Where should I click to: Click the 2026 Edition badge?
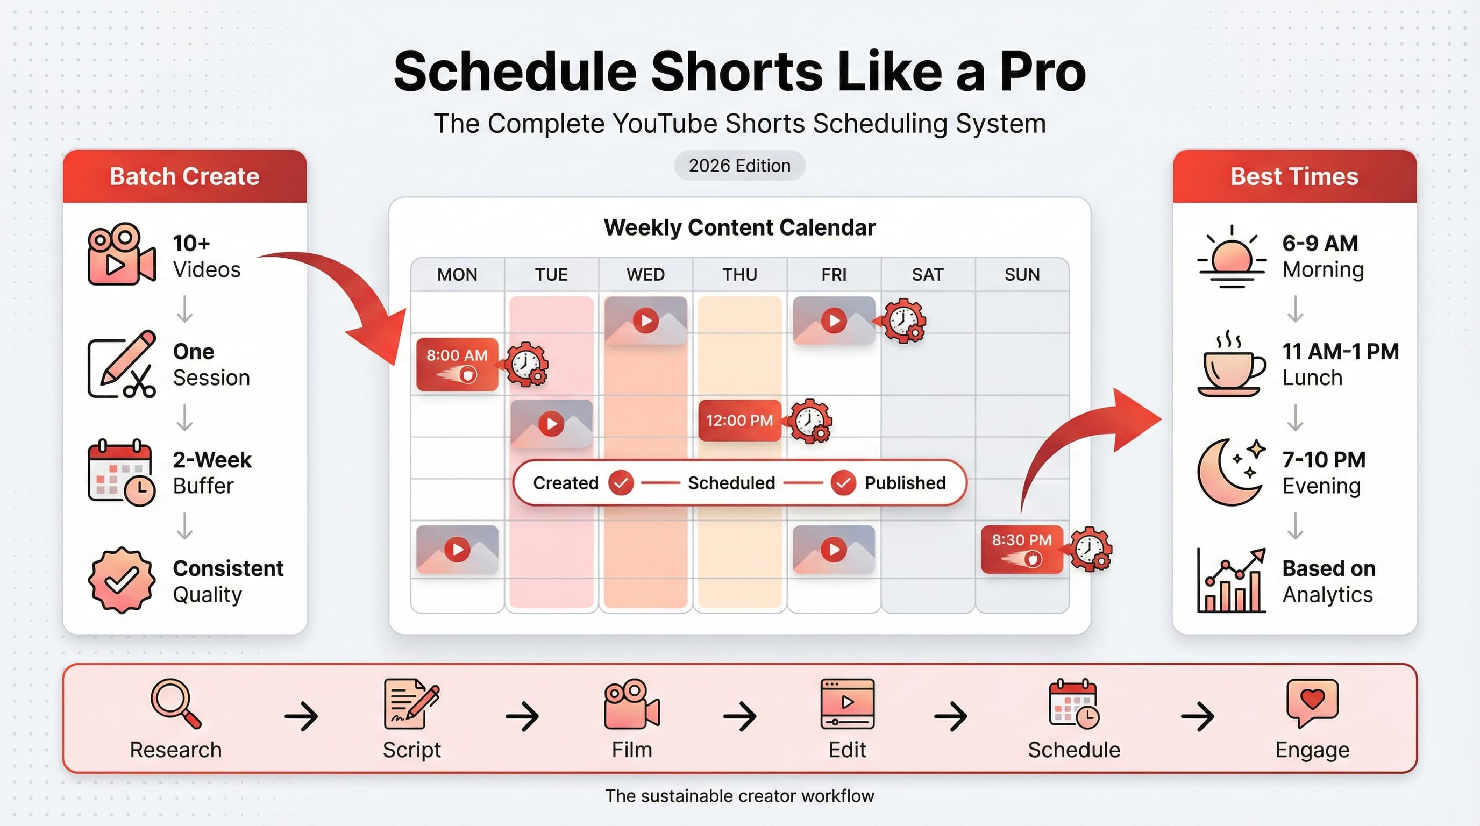click(x=739, y=166)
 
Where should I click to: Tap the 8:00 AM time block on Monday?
click(x=457, y=364)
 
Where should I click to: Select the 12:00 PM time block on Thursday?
click(x=739, y=421)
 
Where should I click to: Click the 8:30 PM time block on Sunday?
click(x=1021, y=549)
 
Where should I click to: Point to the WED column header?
click(x=645, y=275)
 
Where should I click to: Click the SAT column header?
click(x=927, y=275)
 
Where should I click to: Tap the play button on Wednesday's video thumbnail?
click(x=646, y=320)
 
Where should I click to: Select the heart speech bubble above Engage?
click(x=1312, y=702)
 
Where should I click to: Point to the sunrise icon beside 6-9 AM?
click(x=1231, y=258)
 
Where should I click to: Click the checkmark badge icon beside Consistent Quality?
click(x=121, y=580)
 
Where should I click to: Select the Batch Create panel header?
click(x=184, y=176)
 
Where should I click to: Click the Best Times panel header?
click(x=1294, y=176)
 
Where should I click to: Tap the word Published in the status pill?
click(x=905, y=483)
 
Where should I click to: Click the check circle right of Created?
click(x=621, y=483)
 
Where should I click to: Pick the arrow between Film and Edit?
click(x=739, y=716)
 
